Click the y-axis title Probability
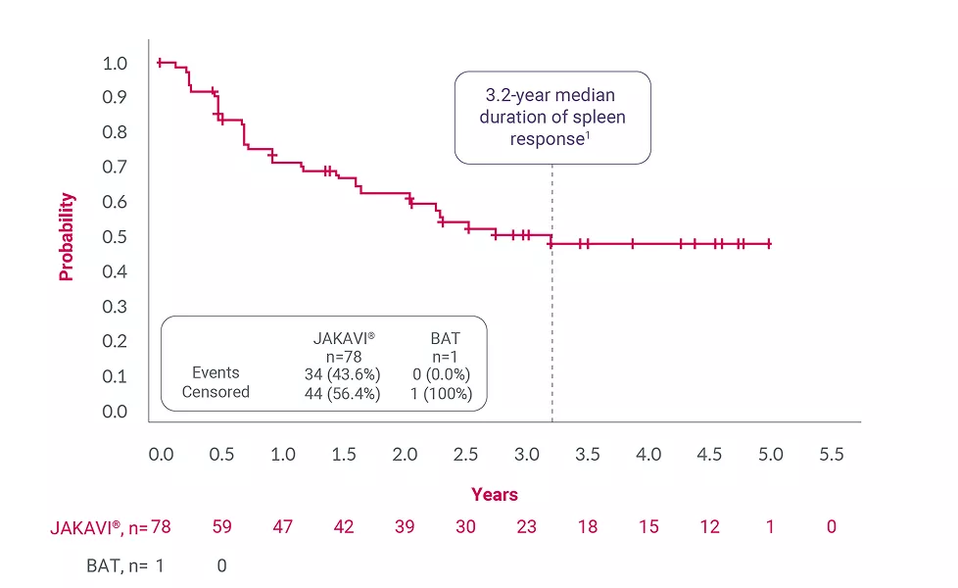[67, 236]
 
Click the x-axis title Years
[494, 495]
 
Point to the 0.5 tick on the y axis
[115, 237]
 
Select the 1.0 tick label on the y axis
[115, 64]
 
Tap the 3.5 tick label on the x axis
[588, 455]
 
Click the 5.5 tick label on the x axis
[831, 455]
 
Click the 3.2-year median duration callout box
[552, 117]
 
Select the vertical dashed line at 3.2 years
[552, 323]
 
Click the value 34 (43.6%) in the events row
[343, 373]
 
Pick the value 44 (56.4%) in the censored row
[343, 393]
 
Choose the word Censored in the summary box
[216, 392]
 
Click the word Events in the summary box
[216, 372]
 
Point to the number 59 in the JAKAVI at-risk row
[221, 527]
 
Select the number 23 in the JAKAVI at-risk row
[526, 527]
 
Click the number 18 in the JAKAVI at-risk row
[588, 527]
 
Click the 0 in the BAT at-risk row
[221, 565]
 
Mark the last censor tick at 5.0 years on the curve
[769, 243]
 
